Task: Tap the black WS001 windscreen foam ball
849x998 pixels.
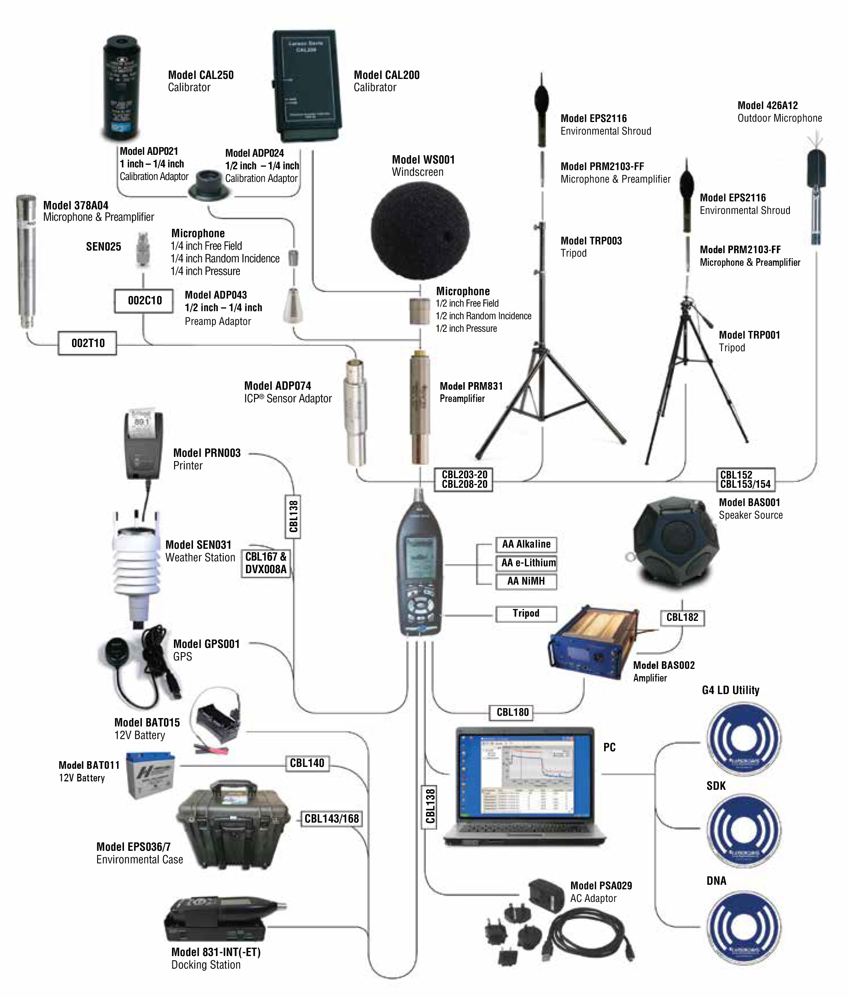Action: [x=420, y=231]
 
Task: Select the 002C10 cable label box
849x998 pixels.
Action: [x=144, y=301]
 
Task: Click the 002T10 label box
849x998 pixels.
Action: [x=88, y=343]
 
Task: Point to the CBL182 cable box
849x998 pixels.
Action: [x=682, y=617]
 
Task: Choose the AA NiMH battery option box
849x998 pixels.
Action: [x=526, y=581]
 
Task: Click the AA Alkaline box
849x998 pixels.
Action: [x=526, y=544]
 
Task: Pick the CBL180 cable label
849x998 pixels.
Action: [x=512, y=712]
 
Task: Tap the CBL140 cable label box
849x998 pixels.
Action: [x=307, y=763]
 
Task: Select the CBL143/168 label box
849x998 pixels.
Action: [x=331, y=818]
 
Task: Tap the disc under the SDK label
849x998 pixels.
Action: [x=744, y=830]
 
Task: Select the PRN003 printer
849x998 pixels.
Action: [x=143, y=445]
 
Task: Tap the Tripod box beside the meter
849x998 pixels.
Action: [x=526, y=614]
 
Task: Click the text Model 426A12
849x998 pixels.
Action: [x=768, y=105]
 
